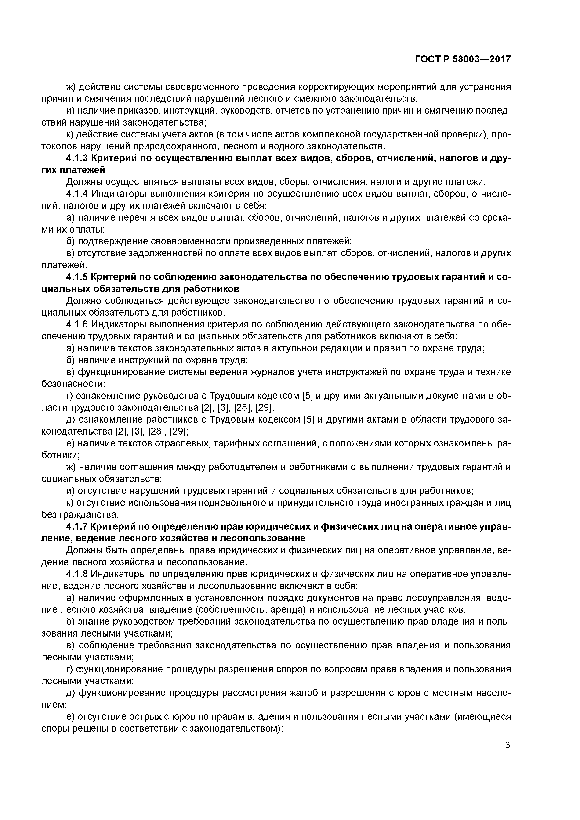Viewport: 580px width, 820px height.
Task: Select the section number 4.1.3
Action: (x=77, y=158)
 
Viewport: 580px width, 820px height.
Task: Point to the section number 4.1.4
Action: (x=77, y=194)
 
